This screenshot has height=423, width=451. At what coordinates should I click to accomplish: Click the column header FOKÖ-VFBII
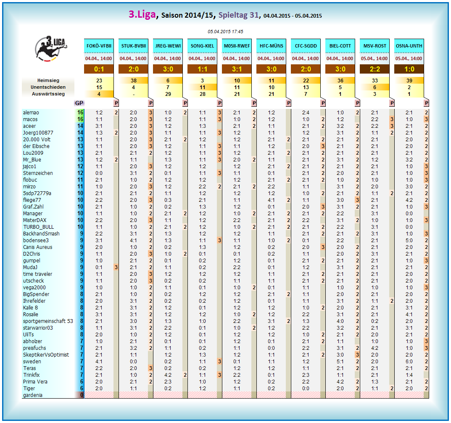[99, 46]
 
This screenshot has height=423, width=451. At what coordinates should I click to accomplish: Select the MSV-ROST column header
[375, 46]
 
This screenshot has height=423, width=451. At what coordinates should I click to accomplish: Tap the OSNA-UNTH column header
[409, 46]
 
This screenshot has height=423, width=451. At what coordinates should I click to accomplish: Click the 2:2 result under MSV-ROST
[375, 69]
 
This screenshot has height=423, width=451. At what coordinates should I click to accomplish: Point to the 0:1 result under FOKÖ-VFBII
[99, 69]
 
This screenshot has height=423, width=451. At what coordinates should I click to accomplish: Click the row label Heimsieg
[48, 80]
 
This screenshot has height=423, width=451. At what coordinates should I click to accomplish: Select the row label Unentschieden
[48, 87]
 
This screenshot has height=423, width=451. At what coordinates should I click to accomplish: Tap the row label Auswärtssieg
[48, 94]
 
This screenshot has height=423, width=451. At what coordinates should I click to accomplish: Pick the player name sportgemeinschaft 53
[48, 321]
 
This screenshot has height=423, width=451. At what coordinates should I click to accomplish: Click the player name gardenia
[32, 395]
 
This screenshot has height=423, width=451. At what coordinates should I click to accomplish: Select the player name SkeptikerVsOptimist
[46, 355]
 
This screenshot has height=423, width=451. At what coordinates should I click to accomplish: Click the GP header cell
[79, 103]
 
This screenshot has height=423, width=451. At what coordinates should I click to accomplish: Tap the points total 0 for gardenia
[80, 395]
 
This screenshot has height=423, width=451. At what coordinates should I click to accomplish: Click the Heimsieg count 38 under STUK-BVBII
[133, 80]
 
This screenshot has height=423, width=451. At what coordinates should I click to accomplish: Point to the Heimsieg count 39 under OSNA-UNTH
[409, 80]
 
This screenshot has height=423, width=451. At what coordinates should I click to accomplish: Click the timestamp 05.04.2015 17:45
[225, 32]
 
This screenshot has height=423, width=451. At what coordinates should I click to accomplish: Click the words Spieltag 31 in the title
[238, 15]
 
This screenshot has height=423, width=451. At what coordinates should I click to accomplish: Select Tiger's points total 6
[80, 389]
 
